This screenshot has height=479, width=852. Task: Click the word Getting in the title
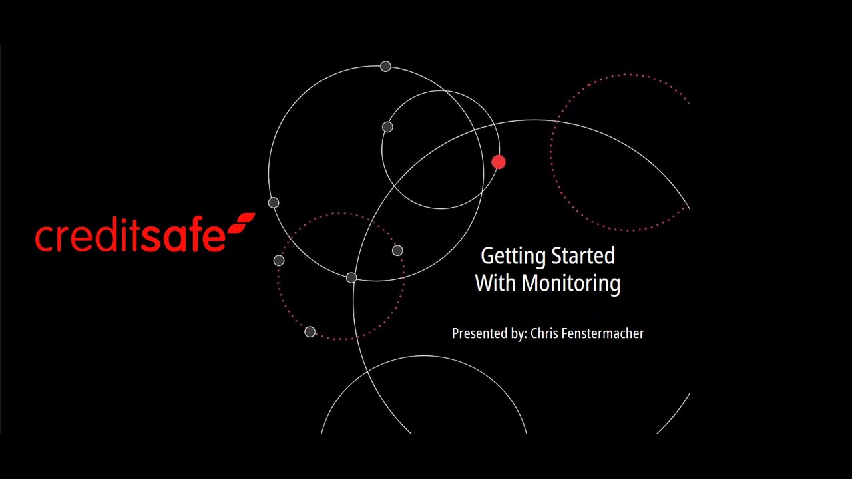[x=508, y=257]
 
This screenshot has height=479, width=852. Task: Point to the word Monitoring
[x=570, y=284]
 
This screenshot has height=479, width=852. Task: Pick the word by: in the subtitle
[x=519, y=334]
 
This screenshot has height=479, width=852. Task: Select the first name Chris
[x=544, y=333]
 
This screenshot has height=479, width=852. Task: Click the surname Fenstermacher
[x=603, y=333]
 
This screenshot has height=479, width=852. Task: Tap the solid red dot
[x=499, y=162]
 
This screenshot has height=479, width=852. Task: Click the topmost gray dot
[x=385, y=67]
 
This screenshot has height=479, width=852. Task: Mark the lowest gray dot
[x=310, y=332]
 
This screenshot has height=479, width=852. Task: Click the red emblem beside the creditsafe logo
[x=242, y=223]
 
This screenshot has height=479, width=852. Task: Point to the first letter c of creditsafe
[x=43, y=239]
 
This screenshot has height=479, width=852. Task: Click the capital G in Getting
[x=487, y=256]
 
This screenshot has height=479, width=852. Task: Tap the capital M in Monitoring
[x=531, y=283]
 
